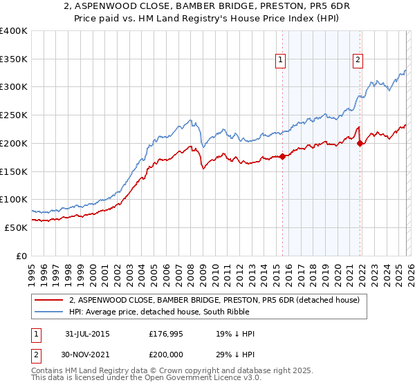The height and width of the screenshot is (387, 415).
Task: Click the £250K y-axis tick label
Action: pyautogui.click(x=14, y=115)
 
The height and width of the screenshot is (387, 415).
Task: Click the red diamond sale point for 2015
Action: pyautogui.click(x=283, y=156)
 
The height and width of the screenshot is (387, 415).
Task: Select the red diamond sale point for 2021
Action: pyautogui.click(x=360, y=143)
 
